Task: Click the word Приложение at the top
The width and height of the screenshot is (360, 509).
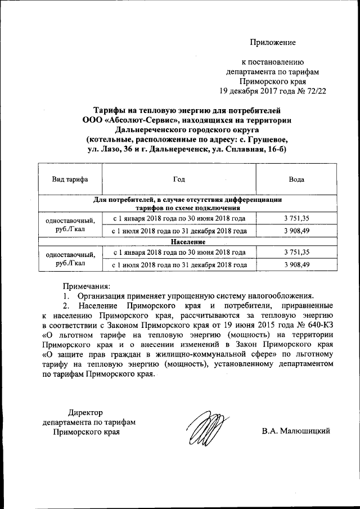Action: coord(273,42)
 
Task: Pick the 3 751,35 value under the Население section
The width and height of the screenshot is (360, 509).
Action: coord(297,252)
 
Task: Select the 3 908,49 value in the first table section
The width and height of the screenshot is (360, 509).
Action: coord(297,231)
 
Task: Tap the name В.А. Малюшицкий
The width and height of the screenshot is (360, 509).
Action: coord(295,431)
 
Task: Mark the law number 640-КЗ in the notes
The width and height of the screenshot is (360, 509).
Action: coord(319,326)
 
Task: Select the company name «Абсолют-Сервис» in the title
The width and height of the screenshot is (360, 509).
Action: coord(138,119)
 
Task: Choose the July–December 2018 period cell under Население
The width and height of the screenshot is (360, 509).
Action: coord(179,263)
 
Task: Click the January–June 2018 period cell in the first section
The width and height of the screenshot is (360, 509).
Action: coord(179,219)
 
